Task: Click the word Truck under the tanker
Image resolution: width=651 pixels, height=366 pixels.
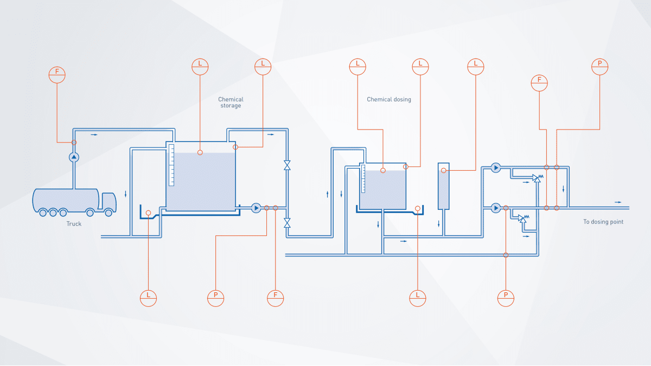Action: click(x=74, y=224)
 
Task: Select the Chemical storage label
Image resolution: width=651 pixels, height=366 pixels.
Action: click(x=231, y=102)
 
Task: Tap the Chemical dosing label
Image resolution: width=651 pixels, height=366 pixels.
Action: click(x=389, y=100)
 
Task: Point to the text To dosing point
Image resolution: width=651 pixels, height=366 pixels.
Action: click(x=603, y=222)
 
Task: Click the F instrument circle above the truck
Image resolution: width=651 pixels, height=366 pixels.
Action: click(x=57, y=74)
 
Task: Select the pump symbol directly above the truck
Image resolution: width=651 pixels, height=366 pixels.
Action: click(x=74, y=157)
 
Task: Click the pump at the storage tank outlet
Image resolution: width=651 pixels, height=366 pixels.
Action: click(x=257, y=208)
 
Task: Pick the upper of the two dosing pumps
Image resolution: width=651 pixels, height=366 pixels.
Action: click(x=496, y=168)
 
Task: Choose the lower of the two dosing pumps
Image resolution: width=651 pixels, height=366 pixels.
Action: click(x=496, y=208)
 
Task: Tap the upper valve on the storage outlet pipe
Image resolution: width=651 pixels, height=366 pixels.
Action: click(x=287, y=165)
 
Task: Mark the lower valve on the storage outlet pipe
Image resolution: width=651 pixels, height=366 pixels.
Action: click(x=287, y=222)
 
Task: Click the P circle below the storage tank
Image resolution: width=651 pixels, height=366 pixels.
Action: click(x=215, y=298)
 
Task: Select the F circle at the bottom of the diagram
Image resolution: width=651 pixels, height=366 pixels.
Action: click(x=276, y=298)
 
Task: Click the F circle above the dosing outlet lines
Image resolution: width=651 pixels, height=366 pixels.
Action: click(x=539, y=82)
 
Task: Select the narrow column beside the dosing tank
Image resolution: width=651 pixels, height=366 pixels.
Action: click(x=444, y=186)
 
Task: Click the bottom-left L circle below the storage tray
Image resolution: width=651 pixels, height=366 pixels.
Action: click(x=148, y=298)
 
